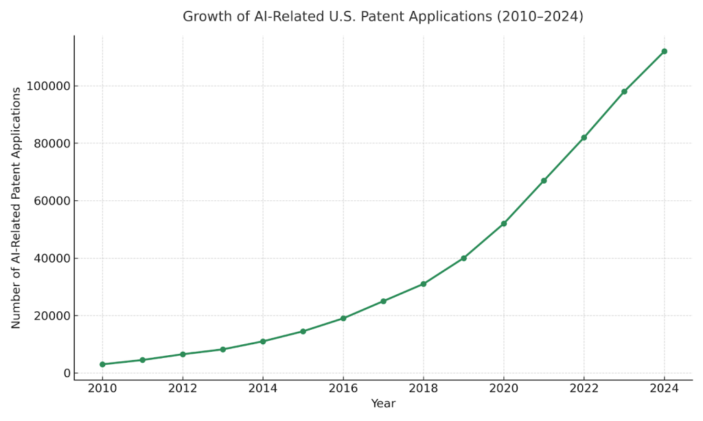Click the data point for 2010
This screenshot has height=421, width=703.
pos(102,364)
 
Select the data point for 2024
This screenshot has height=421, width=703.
pos(664,51)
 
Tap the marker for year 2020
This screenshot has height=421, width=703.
pos(503,224)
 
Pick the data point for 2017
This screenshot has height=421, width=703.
pos(383,301)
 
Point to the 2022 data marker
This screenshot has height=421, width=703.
pos(584,138)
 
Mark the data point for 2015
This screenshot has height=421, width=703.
pos(303,331)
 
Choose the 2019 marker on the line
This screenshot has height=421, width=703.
pos(463,258)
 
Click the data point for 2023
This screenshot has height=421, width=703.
pos(624,91)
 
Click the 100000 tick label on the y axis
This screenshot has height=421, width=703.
pos(48,86)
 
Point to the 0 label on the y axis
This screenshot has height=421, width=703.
pos(66,373)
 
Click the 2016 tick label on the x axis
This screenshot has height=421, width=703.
pos(343,388)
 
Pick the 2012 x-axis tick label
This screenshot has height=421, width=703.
pos(183,388)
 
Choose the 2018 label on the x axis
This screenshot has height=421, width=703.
pos(423,388)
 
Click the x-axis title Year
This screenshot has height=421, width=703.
pos(383,404)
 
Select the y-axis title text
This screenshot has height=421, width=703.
pos(16,208)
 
